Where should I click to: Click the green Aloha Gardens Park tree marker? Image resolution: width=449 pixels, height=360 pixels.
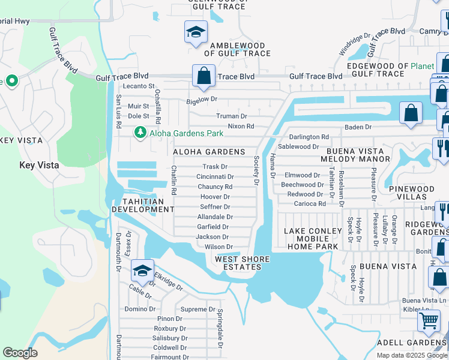[140, 133]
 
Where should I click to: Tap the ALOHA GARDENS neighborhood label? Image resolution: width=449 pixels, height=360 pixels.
[209, 152]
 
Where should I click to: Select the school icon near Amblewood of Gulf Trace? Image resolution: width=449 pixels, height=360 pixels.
[195, 33]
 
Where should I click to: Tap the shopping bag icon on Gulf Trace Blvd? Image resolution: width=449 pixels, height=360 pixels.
[203, 76]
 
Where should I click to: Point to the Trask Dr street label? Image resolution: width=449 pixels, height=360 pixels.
[215, 167]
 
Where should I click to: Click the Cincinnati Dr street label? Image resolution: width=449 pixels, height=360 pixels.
[215, 177]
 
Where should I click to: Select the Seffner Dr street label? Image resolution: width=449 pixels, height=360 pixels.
[215, 207]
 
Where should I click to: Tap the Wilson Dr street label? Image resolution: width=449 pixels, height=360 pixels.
[218, 247]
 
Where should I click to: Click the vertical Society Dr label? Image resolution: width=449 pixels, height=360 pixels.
[256, 170]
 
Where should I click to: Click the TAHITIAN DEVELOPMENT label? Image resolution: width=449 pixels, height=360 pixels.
[140, 205]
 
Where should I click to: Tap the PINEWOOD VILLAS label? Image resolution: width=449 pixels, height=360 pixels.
[412, 193]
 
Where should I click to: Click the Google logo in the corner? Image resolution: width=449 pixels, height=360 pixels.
[20, 353]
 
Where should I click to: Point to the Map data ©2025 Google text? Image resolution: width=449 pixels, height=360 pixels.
[411, 355]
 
